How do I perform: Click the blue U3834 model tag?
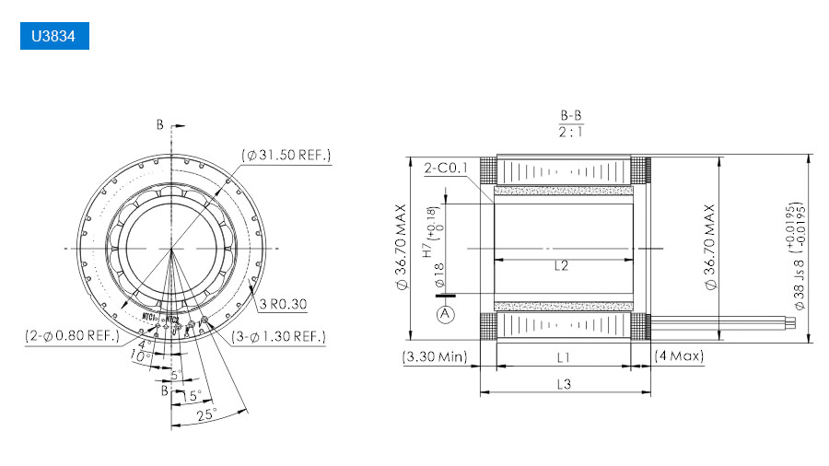click(53, 36)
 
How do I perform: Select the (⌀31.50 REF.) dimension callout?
click(286, 155)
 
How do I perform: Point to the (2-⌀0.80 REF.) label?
click(73, 336)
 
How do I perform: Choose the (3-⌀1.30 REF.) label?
click(278, 336)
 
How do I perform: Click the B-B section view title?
click(571, 116)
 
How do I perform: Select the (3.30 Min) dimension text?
click(435, 355)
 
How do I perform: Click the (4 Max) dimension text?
click(678, 355)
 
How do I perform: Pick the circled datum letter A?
click(446, 314)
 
